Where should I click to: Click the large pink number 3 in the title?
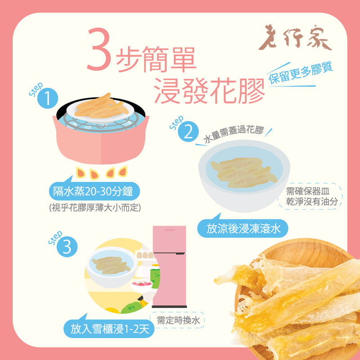click(x=100, y=50)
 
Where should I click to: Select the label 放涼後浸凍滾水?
click(x=243, y=229)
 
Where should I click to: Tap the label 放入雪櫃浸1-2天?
click(x=109, y=329)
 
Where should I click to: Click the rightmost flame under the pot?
click(x=123, y=171)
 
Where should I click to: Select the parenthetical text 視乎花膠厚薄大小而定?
click(x=95, y=208)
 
